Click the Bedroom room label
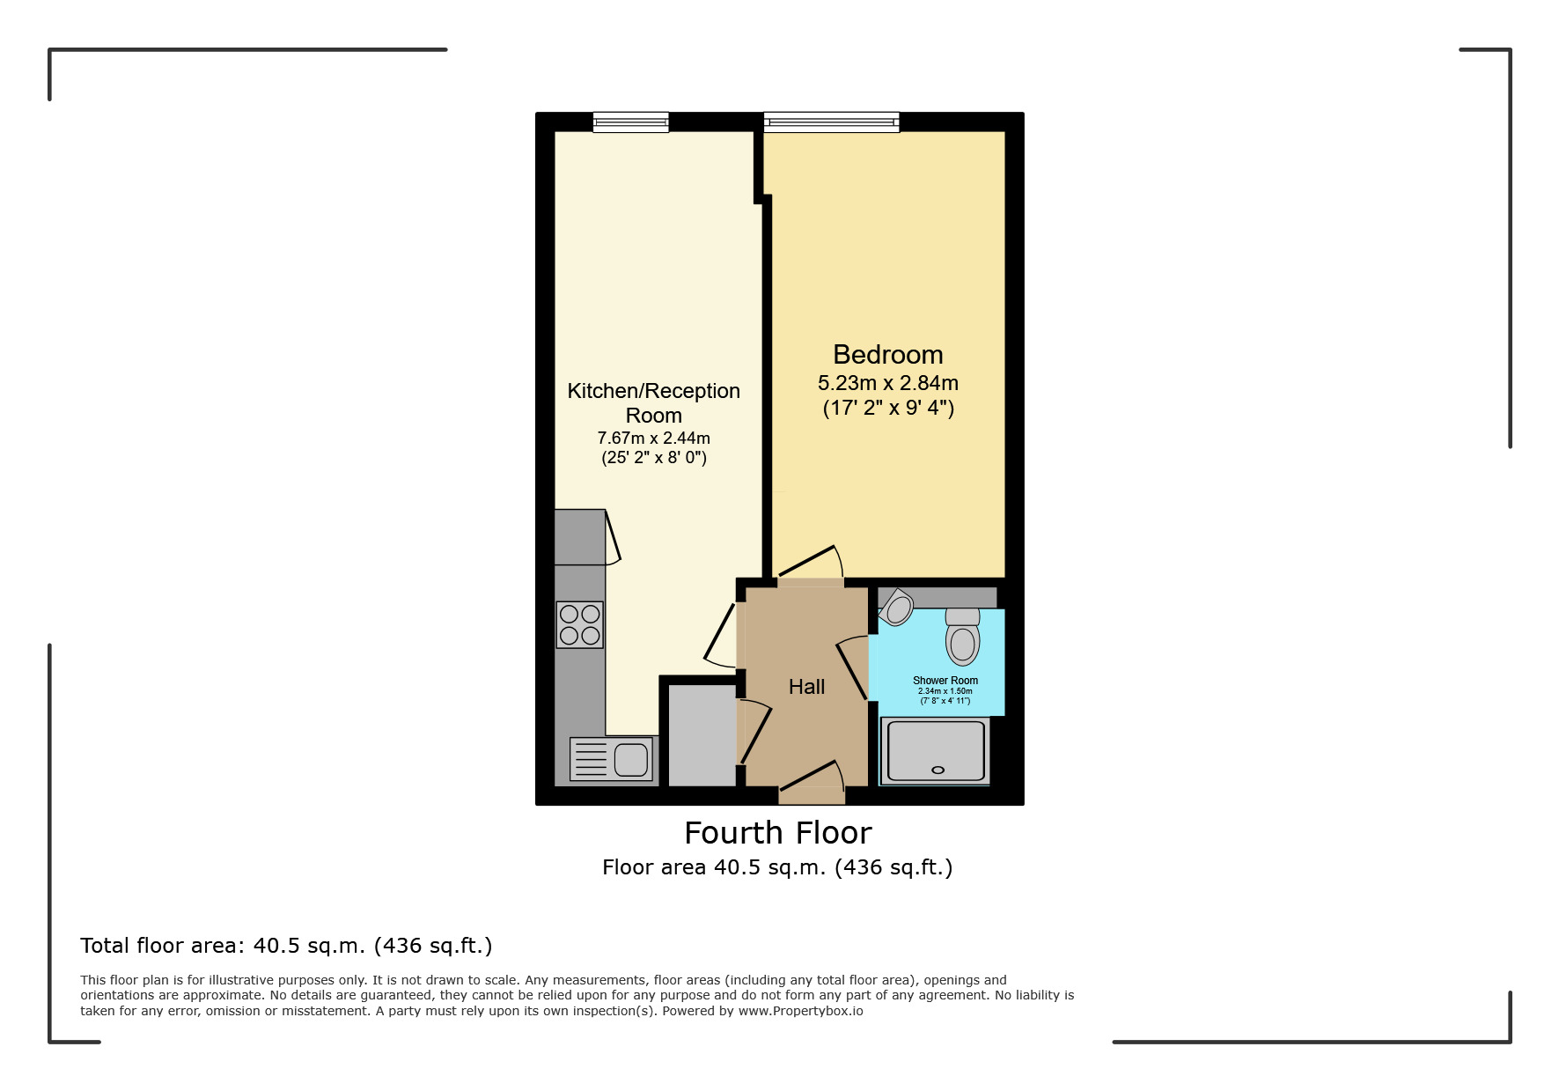point(887,355)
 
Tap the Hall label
point(806,687)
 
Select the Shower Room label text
point(945,681)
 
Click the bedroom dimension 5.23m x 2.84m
point(887,383)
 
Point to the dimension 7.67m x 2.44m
point(653,438)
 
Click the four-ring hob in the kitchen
point(580,624)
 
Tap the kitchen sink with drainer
point(612,759)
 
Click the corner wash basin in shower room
point(897,608)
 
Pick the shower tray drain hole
point(938,770)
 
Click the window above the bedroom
point(831,122)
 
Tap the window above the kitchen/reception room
point(630,122)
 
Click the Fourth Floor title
point(777,833)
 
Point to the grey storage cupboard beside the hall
point(702,735)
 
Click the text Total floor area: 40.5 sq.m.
point(285,946)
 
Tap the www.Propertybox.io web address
point(800,1011)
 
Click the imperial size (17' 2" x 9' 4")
point(887,408)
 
